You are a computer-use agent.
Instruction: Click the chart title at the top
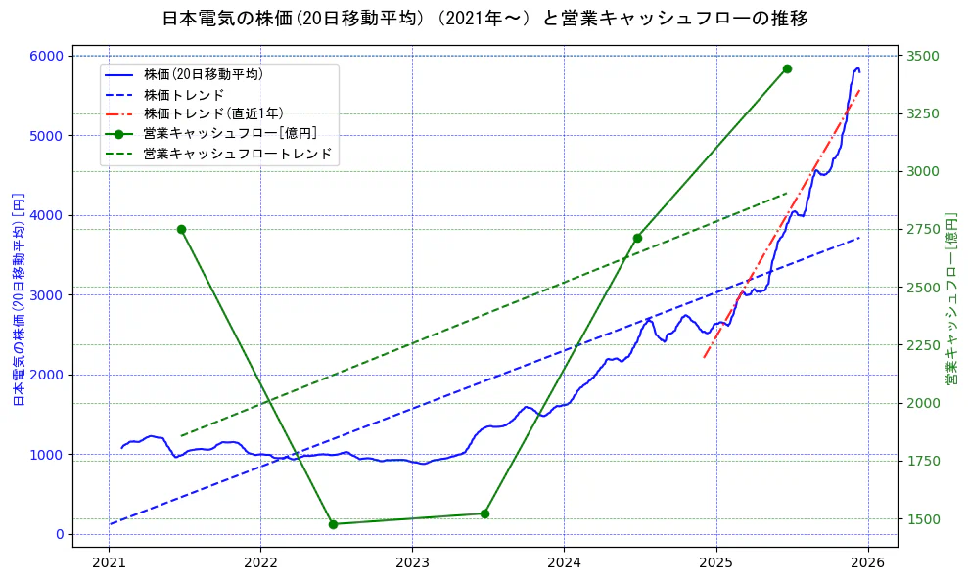pyautogui.click(x=484, y=19)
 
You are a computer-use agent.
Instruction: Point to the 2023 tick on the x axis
pyautogui.click(x=412, y=563)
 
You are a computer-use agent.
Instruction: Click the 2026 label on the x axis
pyautogui.click(x=867, y=563)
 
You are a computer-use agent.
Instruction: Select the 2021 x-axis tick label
pyautogui.click(x=109, y=563)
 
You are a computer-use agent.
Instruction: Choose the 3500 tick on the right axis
pyautogui.click(x=923, y=56)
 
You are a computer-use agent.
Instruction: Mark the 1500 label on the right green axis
pyautogui.click(x=923, y=519)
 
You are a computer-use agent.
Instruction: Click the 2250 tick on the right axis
pyautogui.click(x=923, y=345)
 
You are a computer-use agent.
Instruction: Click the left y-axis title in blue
pyautogui.click(x=18, y=298)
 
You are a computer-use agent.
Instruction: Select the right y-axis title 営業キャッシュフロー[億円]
pyautogui.click(x=951, y=298)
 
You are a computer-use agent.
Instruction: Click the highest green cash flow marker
pyautogui.click(x=787, y=68)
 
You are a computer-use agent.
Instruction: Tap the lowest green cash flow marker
pyautogui.click(x=333, y=524)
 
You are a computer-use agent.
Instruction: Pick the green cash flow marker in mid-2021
pyautogui.click(x=181, y=229)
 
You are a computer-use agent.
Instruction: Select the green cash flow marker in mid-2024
pyautogui.click(x=637, y=238)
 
